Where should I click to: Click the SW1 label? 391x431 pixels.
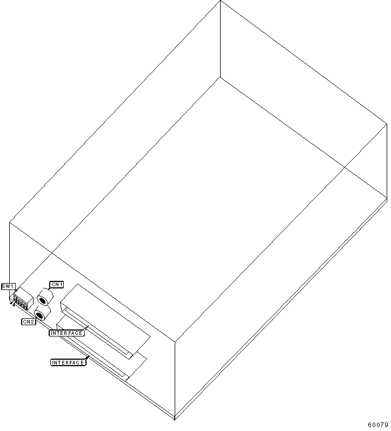9,286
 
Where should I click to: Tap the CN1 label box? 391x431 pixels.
57,285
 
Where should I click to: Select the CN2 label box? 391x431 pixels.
29,321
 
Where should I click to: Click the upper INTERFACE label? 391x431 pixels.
67,333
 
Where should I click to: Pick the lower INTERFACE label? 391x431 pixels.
68,362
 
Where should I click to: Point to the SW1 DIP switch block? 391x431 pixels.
23,299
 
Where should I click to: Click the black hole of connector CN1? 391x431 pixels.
42,300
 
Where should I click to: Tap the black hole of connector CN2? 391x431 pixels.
39,315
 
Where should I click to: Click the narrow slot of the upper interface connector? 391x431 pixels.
97,334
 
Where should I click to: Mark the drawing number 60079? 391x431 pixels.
378,425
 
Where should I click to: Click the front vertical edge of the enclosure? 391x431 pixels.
175,380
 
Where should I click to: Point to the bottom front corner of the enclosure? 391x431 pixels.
175,419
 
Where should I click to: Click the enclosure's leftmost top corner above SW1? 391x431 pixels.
10,222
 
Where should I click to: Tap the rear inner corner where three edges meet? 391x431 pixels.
220,77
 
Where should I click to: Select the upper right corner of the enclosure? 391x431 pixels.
387,124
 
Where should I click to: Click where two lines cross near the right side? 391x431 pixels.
344,167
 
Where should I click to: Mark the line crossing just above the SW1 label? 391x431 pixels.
52,252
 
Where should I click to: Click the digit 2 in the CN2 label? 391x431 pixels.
32,321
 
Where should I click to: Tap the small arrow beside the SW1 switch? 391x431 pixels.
12,303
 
